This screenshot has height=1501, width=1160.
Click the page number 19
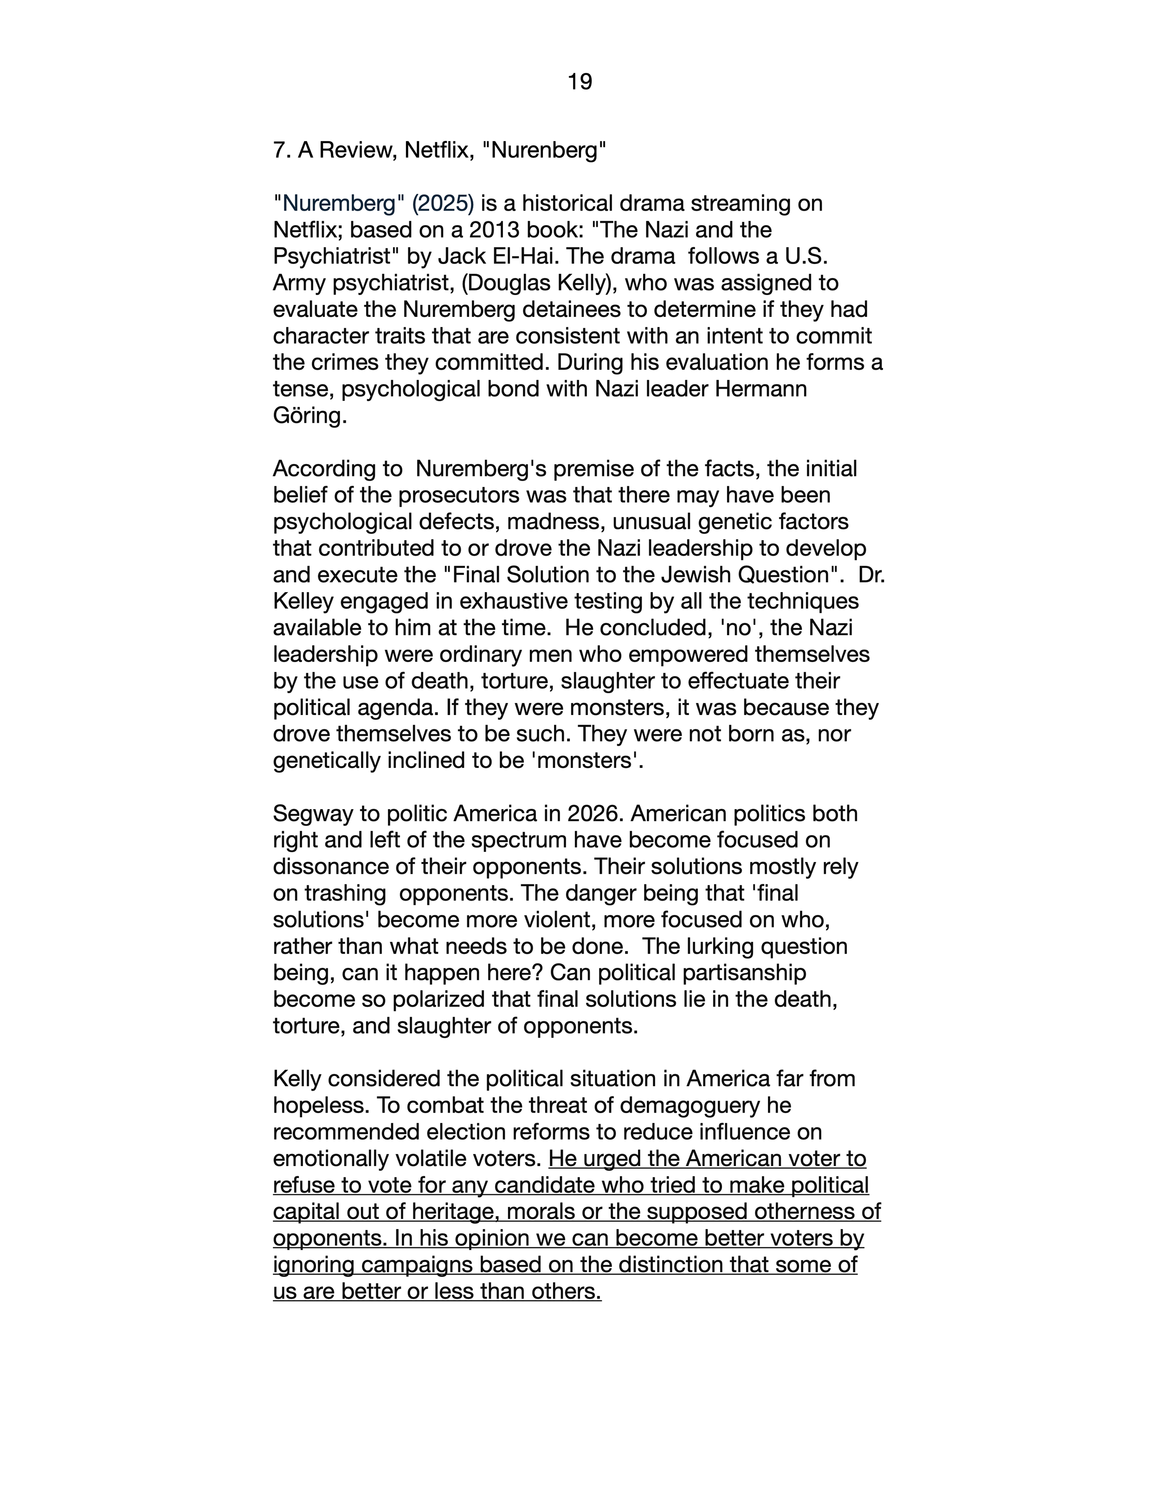point(580,83)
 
